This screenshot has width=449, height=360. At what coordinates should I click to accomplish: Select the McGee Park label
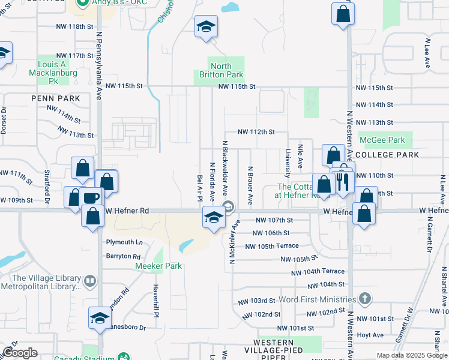point(382,140)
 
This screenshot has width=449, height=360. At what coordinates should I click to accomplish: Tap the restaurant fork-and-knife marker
point(342,180)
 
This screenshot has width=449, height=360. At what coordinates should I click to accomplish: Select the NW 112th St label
point(256,132)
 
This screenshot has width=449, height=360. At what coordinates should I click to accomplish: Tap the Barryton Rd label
point(123,256)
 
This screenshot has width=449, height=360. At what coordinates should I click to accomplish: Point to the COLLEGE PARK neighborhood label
point(391,155)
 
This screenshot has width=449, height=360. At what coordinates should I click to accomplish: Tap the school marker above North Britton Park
point(206,26)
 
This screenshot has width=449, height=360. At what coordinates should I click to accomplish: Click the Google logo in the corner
point(20,353)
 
